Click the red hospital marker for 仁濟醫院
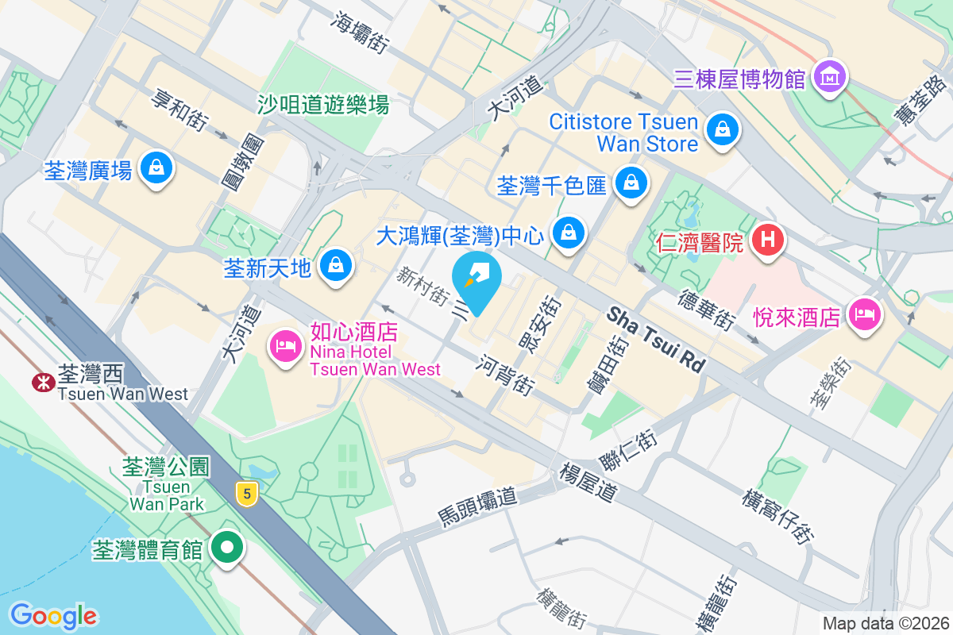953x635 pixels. [768, 238]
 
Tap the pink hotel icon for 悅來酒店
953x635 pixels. [865, 314]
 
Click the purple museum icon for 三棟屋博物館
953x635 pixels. [829, 77]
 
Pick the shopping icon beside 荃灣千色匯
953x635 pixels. [631, 182]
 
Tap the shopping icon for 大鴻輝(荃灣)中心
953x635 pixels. [569, 233]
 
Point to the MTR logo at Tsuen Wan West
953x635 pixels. [41, 382]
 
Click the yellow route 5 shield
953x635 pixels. [248, 494]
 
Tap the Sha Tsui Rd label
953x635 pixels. [656, 340]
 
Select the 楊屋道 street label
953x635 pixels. [588, 481]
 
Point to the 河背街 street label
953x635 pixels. [505, 375]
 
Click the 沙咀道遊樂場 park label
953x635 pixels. [322, 104]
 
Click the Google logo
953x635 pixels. [53, 615]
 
